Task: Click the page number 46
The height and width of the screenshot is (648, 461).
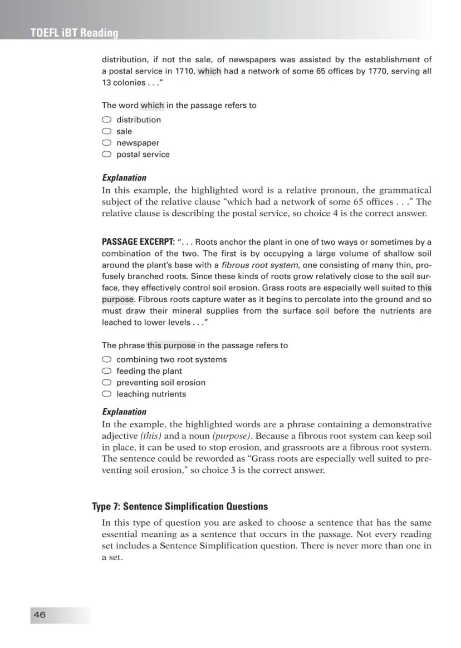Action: [40, 615]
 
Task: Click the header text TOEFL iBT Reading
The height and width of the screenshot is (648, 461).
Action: [75, 33]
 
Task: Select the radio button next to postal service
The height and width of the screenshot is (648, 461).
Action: [107, 155]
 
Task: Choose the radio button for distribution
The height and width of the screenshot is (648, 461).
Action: [107, 120]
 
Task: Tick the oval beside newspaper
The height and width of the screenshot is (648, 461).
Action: [107, 143]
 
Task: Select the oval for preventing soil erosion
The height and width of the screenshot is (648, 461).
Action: [107, 383]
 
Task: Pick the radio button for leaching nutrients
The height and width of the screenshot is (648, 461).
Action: [107, 394]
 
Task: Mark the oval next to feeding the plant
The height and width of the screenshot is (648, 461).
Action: [107, 371]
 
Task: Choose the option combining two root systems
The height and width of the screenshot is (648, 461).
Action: [107, 359]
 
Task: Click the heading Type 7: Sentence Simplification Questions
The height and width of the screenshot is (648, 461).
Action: [180, 507]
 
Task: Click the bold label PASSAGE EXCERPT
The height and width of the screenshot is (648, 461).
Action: [138, 242]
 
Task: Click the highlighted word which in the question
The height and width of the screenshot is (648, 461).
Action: [152, 105]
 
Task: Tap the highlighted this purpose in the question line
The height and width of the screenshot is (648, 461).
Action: [171, 345]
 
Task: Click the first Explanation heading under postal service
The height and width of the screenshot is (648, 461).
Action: [124, 178]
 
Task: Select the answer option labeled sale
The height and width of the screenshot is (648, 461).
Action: [124, 131]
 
